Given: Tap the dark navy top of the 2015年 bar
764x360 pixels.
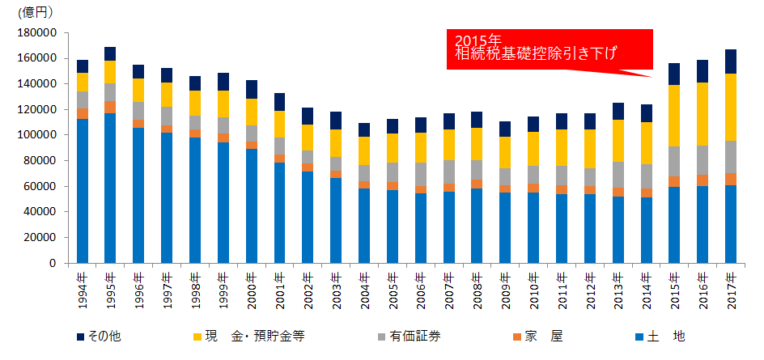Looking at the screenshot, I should click(674, 74).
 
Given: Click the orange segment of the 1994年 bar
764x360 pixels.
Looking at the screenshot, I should click(83, 113).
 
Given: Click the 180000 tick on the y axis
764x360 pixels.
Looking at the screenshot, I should click(39, 32).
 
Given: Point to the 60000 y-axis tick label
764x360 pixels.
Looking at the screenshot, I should click(42, 186).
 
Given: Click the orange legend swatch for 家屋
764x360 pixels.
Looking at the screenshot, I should click(519, 335).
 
